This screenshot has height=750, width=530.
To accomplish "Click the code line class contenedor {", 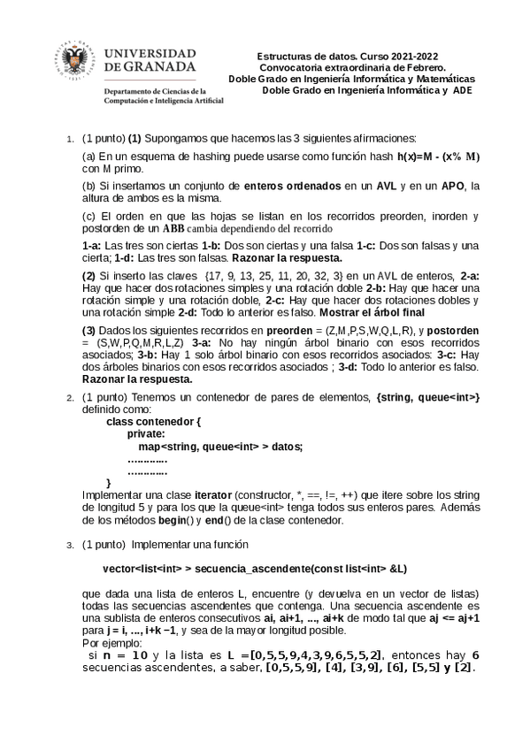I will [x=154, y=423].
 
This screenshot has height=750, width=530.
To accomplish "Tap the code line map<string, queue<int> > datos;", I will [x=209, y=447].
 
